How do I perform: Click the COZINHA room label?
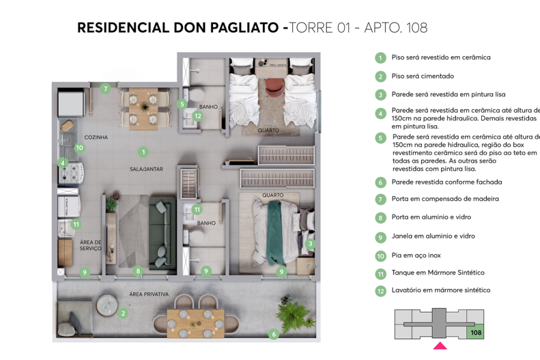coord(96,137)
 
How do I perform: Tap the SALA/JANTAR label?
coord(146,169)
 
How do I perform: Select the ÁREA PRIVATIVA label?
coord(149,294)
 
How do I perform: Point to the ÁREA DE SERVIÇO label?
coord(91,246)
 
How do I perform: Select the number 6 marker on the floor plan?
coord(274,334)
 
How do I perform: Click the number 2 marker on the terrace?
coord(123,313)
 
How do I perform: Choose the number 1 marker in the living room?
coord(143,152)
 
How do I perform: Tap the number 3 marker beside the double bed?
coord(310,244)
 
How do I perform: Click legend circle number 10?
coord(380,256)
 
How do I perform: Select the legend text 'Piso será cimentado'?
coord(422,76)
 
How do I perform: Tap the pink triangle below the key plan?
coord(440,346)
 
